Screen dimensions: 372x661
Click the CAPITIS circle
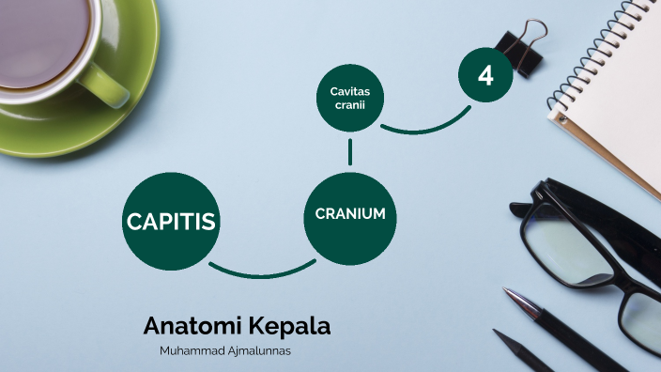pos(171,222)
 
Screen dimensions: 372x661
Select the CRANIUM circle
pos(350,214)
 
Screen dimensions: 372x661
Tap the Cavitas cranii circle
pos(348,97)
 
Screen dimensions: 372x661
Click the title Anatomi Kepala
pos(237,327)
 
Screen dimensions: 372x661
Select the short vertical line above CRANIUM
pos(350,151)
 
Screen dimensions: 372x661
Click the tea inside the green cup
pos(38,33)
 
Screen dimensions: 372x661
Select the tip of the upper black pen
pos(508,293)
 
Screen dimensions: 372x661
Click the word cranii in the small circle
pos(348,104)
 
